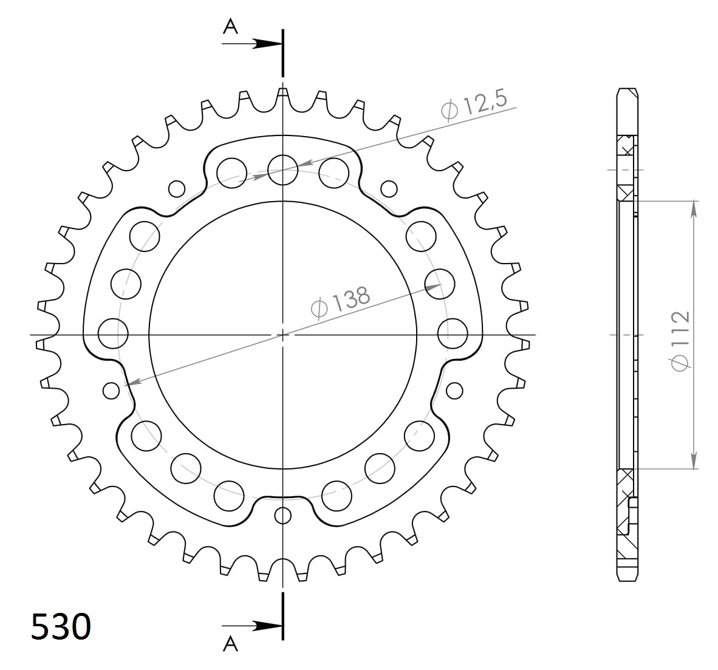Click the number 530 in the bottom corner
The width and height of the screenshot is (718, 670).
coord(61,626)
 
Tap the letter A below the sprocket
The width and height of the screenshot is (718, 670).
coord(230,643)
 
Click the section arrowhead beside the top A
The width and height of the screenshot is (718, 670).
coord(267,44)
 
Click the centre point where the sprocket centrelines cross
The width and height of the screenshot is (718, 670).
coord(282,334)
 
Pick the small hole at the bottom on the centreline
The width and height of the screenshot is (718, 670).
coord(282,515)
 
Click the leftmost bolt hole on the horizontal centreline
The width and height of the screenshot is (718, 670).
coord(112,334)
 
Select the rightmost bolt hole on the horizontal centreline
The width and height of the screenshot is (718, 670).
coord(453,334)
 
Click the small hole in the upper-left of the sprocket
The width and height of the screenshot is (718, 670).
coord(177,189)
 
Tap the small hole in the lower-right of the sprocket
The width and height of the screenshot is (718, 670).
coord(454,389)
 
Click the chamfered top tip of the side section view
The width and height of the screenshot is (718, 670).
coord(627,92)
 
